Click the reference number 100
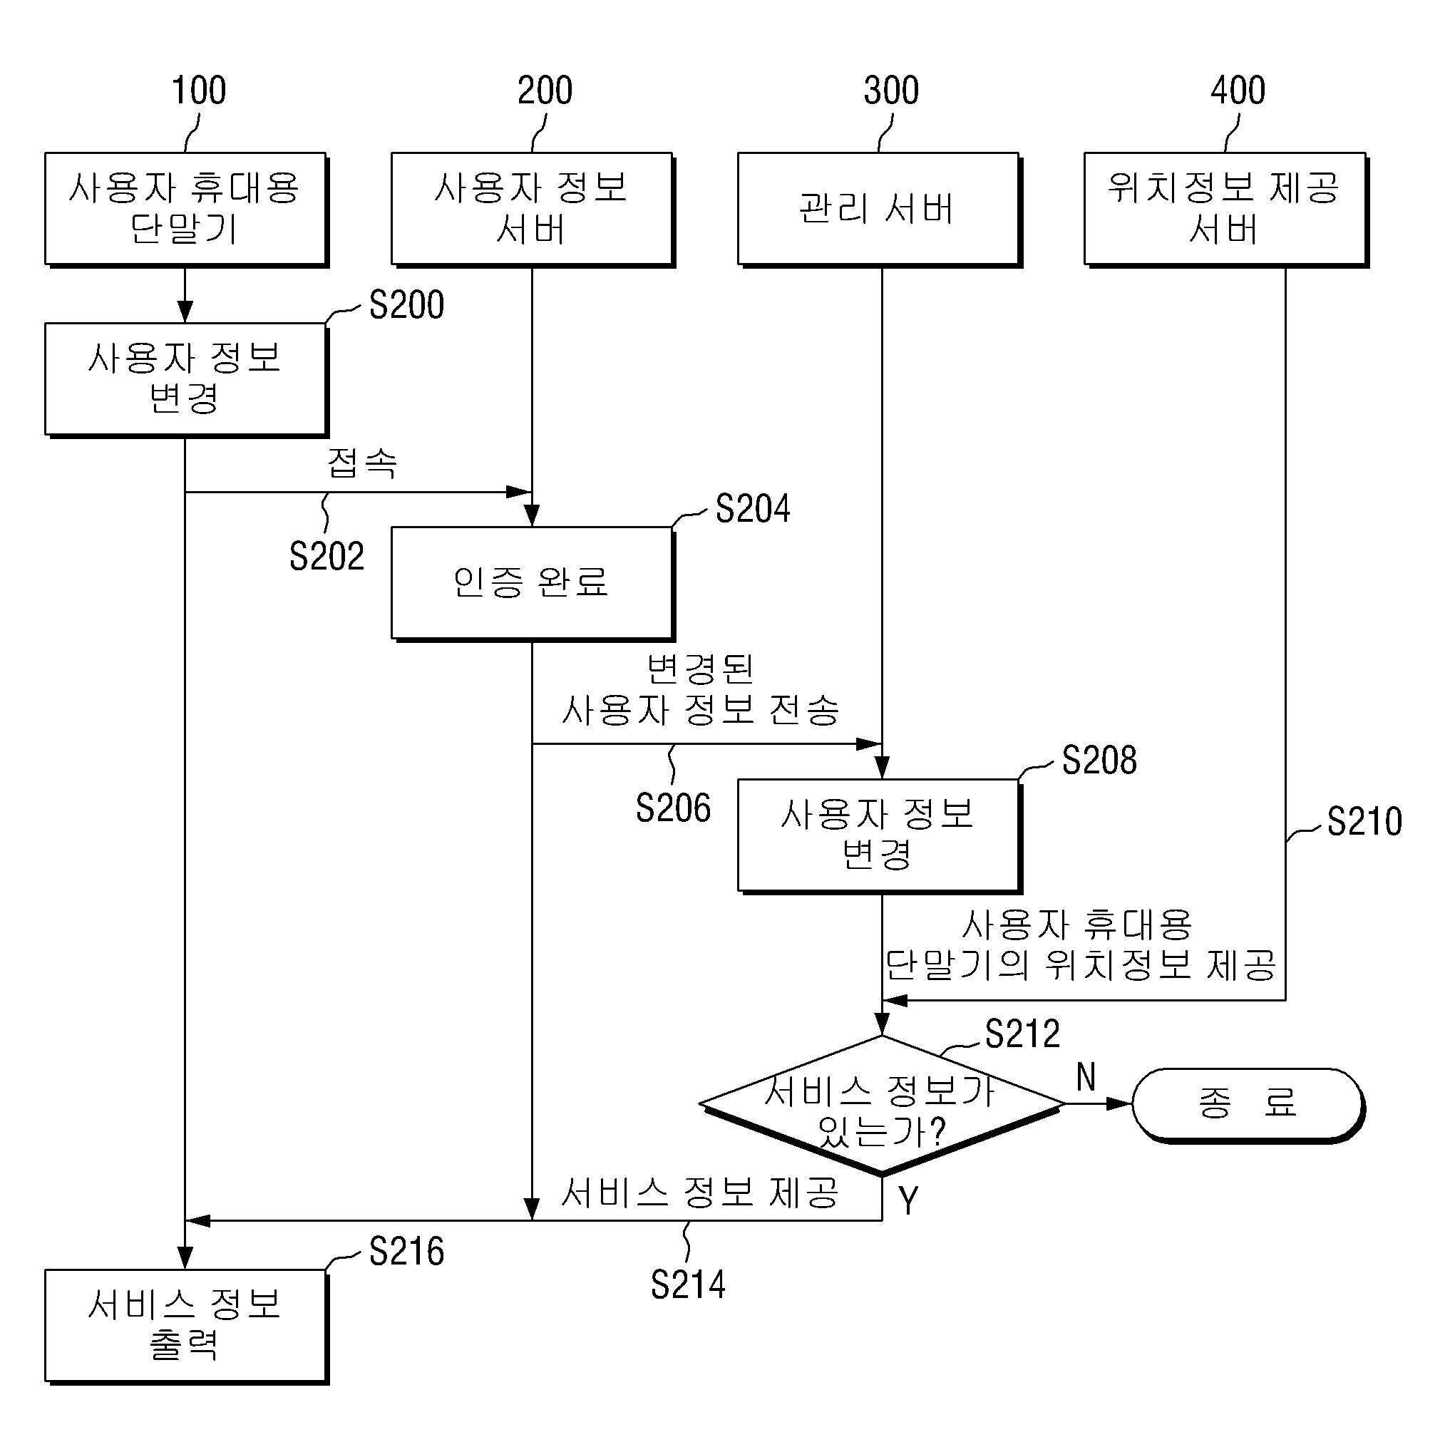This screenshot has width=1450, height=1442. pos(199,91)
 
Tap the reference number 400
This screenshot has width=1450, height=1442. pos(1238,91)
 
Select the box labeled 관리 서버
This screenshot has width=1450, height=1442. pos(880,210)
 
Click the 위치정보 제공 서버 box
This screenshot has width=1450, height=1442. pos(1226,210)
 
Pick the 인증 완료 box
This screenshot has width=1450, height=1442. pos(533,584)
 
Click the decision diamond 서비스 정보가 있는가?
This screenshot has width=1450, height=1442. pos(882,1105)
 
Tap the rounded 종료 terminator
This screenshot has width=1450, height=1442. pos(1248,1105)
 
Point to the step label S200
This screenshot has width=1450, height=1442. pos(407,305)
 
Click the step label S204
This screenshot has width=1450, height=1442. pos(753,509)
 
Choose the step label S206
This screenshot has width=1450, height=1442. pos(673,808)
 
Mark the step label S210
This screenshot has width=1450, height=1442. pos(1364,822)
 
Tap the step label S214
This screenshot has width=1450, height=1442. pos(688,1284)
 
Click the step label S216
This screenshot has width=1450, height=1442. pos(407,1252)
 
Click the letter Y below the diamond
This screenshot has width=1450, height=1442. pos(909,1200)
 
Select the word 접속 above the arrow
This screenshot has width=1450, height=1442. pos(362,462)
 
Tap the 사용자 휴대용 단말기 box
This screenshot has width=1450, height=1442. pos(186,210)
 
